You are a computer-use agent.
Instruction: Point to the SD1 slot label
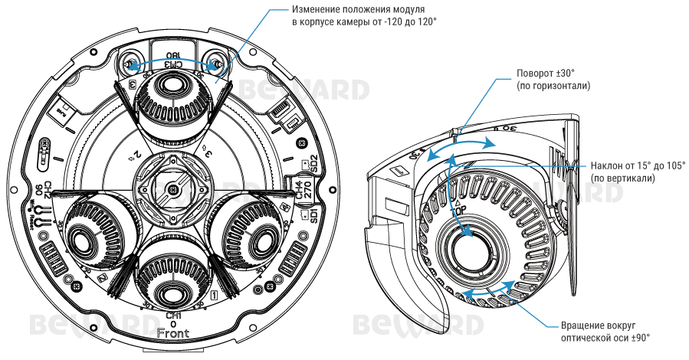[x=313, y=215]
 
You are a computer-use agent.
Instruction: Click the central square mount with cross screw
[x=173, y=186]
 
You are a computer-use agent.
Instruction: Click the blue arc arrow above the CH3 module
[x=174, y=56]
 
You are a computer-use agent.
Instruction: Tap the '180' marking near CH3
[x=174, y=56]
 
